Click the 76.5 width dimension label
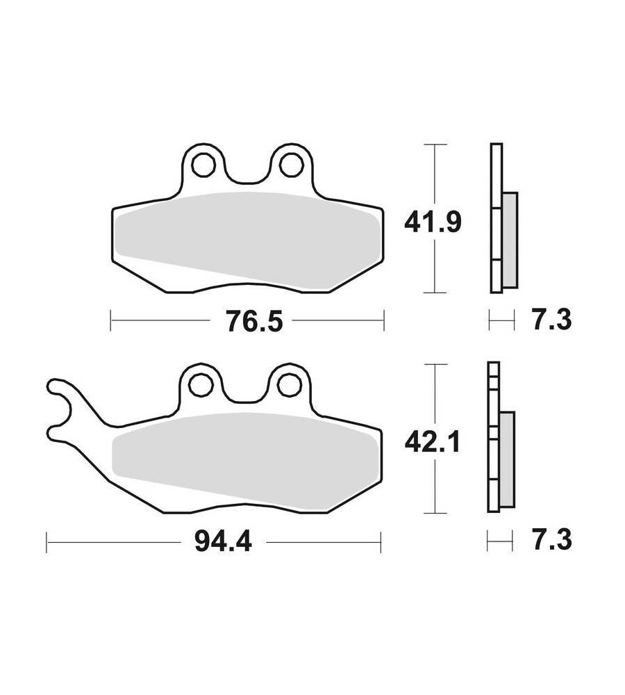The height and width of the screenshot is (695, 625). click(x=253, y=321)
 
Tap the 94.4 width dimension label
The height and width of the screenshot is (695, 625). click(x=223, y=541)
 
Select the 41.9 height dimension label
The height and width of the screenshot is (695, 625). click(x=433, y=222)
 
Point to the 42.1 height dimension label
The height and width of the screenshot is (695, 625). click(x=433, y=442)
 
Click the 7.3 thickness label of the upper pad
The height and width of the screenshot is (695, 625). click(x=552, y=320)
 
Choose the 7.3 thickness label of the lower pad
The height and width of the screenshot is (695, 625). click(x=552, y=539)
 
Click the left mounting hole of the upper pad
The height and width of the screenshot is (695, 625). click(x=203, y=165)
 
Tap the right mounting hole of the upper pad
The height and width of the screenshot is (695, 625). click(x=290, y=165)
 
